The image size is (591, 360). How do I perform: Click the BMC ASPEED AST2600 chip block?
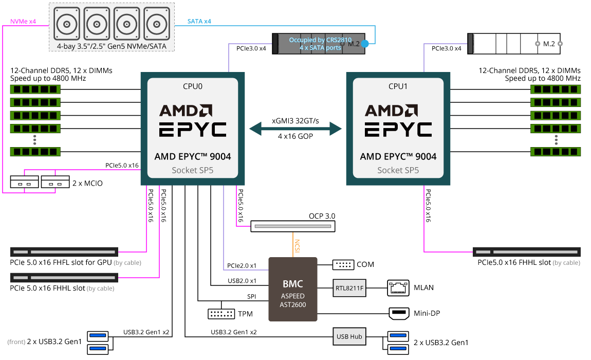[293, 289]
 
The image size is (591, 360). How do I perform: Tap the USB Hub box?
[349, 337]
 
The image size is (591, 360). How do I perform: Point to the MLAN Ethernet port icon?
[397, 287]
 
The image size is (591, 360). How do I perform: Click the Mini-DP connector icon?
[398, 313]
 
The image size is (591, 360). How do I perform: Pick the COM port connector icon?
[343, 264]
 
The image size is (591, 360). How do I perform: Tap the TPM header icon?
[221, 313]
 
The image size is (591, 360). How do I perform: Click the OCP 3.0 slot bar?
[292, 226]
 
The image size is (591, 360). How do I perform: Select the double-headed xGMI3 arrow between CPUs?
[295, 129]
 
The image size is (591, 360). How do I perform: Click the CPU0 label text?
[193, 86]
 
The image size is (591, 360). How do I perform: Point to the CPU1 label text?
[398, 86]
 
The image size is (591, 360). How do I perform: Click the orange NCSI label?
[297, 245]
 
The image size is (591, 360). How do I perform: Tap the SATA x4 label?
[199, 21]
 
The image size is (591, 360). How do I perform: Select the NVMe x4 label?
[23, 21]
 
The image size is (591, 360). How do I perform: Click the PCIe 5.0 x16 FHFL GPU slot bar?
[64, 252]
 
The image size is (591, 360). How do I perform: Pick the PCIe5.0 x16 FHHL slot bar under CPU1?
[527, 252]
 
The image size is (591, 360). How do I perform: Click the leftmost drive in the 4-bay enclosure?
[67, 24]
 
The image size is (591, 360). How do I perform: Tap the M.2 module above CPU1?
[514, 44]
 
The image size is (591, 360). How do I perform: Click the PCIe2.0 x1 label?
[242, 266]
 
